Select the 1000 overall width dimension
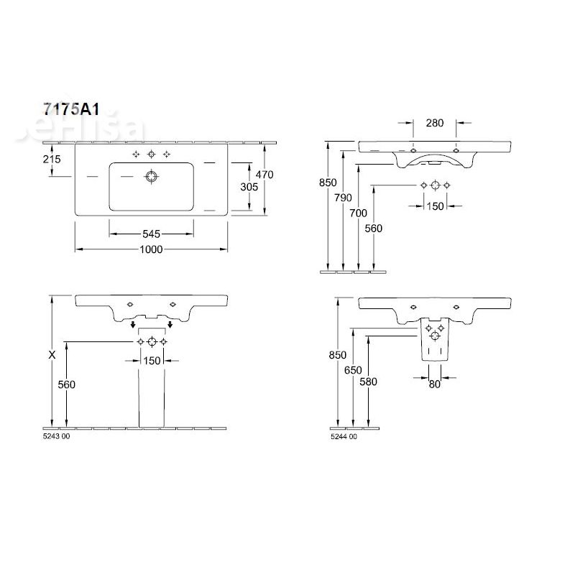[x=152, y=249]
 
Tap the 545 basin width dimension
[x=150, y=234]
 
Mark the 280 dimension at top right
[x=434, y=123]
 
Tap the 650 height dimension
[x=353, y=369]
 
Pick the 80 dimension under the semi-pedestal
[x=435, y=384]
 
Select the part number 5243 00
[x=57, y=436]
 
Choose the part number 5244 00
[x=343, y=436]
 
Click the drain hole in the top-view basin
[x=152, y=175]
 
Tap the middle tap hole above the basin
[x=152, y=155]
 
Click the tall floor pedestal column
[x=152, y=392]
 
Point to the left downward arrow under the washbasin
[x=133, y=326]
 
